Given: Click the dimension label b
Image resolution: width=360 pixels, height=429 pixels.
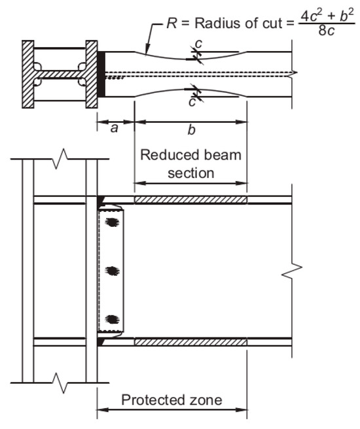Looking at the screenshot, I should pyautogui.click(x=191, y=130).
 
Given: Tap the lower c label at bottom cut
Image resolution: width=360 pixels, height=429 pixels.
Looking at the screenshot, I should pyautogui.click(x=192, y=103).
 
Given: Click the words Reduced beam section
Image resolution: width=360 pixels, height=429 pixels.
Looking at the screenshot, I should pyautogui.click(x=190, y=164).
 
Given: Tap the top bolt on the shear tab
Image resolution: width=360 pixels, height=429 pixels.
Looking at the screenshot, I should pyautogui.click(x=113, y=222).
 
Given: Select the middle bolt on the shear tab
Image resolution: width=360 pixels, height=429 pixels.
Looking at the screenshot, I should pyautogui.click(x=113, y=270).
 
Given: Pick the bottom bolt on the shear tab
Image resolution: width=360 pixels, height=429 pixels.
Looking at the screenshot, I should pyautogui.click(x=113, y=319).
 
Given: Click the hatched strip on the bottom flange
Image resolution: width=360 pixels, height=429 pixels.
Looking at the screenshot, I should pyautogui.click(x=190, y=342).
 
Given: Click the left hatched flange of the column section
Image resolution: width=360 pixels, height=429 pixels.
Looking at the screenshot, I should pyautogui.click(x=28, y=75).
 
